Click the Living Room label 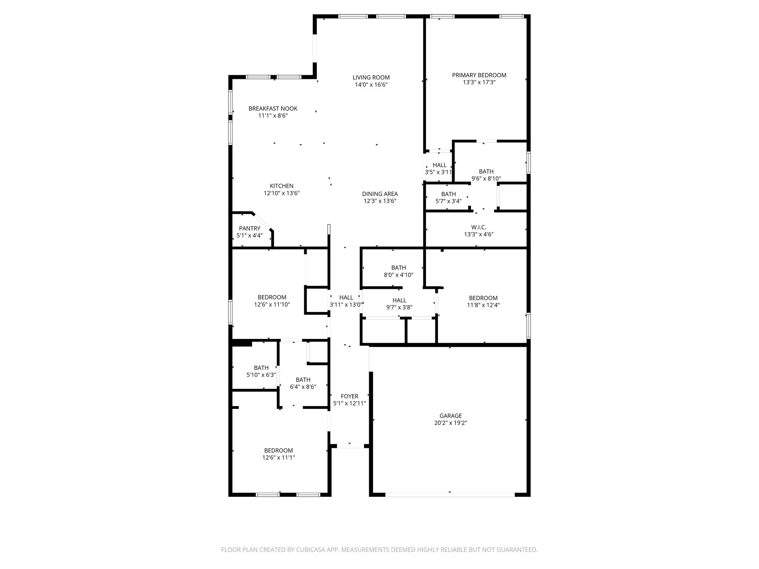point(371,77)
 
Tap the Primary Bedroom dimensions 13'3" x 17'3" point(479,82)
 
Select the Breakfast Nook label point(273,109)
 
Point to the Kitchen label point(281,186)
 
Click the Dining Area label point(379,194)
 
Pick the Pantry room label point(249,228)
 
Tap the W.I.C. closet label point(478,227)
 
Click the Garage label point(451,416)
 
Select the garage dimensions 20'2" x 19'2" point(451,423)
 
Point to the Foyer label point(349,396)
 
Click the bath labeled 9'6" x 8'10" point(486,172)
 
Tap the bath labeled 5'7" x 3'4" point(448,194)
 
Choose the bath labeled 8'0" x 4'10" point(398,268)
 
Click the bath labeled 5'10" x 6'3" point(261,368)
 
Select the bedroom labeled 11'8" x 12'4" point(483,298)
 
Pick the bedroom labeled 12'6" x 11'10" point(272,297)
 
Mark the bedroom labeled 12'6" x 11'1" point(278,450)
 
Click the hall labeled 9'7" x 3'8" point(399,300)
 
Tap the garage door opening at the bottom point(450,494)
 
